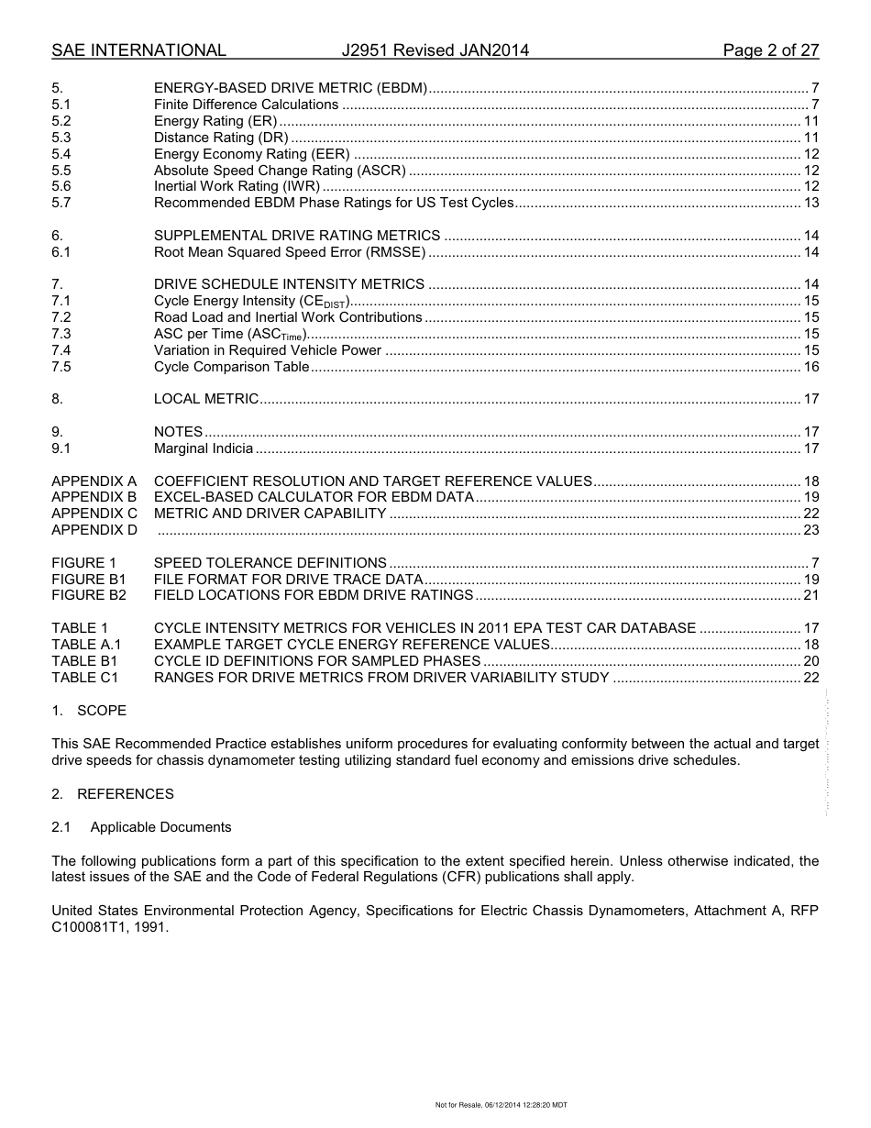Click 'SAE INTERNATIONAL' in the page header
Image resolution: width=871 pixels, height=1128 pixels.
(x=138, y=50)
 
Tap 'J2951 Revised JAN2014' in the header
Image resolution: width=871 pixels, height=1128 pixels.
(x=435, y=50)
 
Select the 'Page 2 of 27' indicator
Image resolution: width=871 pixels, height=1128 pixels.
(x=770, y=50)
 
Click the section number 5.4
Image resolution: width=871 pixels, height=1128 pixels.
(x=61, y=154)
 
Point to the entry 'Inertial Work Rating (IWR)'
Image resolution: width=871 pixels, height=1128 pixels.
(x=237, y=187)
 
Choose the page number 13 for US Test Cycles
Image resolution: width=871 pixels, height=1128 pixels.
(x=810, y=204)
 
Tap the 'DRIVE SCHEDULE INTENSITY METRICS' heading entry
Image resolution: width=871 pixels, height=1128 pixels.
(x=289, y=284)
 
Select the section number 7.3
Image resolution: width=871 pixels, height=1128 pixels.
(x=61, y=334)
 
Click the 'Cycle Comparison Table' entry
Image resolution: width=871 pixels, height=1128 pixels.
(x=231, y=367)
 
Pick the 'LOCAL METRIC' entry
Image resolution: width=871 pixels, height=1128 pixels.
(x=206, y=399)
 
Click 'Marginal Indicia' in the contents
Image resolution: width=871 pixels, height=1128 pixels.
(x=203, y=448)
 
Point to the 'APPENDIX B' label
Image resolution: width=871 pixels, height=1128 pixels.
(x=94, y=497)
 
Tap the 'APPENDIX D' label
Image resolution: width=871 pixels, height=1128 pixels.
(x=94, y=530)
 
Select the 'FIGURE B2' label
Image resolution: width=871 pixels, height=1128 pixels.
(x=89, y=595)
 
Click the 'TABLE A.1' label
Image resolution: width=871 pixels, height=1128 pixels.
(x=86, y=645)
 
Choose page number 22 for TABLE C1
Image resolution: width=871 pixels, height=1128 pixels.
(x=810, y=678)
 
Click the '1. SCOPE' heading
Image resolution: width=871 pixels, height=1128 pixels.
(x=89, y=711)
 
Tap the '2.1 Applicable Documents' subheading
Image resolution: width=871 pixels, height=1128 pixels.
(x=141, y=827)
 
